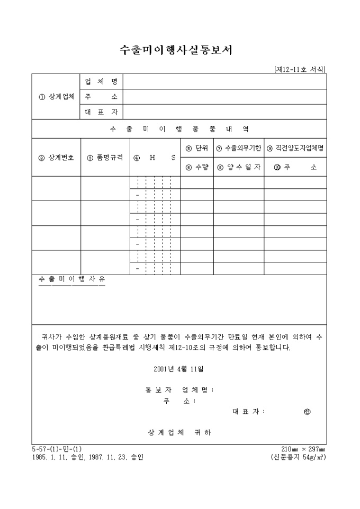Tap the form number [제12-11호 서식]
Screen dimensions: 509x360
click(300, 69)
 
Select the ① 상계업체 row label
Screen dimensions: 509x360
click(56, 97)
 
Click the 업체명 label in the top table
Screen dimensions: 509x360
click(101, 81)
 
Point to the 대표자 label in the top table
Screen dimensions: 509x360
click(101, 112)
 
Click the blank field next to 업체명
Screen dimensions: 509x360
click(224, 81)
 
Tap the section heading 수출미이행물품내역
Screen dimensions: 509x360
click(179, 129)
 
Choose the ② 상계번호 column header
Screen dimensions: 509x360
click(56, 157)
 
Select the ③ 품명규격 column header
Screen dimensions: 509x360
click(105, 157)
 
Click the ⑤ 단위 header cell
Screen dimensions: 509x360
click(197, 148)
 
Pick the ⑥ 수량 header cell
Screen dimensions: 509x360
click(197, 167)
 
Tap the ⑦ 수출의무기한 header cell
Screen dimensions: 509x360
click(239, 148)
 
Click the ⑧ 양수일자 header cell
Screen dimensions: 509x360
click(239, 167)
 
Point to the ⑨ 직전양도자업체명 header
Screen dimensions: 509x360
click(295, 148)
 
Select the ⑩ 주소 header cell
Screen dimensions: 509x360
click(295, 167)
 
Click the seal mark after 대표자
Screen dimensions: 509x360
click(308, 412)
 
